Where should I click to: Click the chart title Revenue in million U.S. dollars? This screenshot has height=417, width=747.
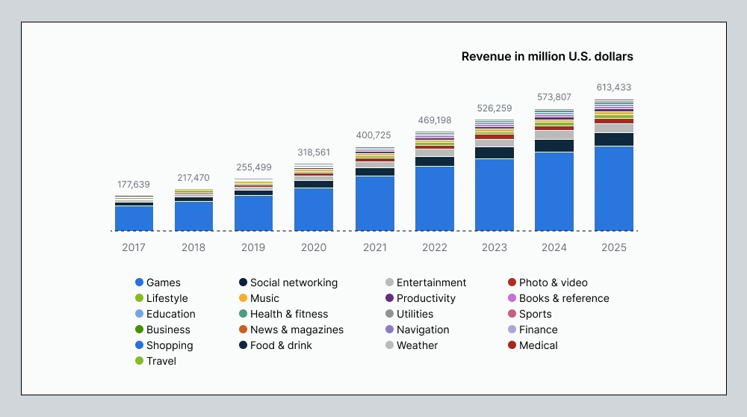coord(547,56)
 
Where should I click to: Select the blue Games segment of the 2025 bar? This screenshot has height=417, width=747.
coord(614,188)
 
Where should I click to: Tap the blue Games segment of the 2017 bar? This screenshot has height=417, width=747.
coord(134,218)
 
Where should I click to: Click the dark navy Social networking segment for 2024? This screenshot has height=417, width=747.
coord(554,146)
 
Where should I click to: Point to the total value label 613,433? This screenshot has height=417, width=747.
coord(614,87)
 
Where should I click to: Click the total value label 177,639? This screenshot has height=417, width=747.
coord(134,184)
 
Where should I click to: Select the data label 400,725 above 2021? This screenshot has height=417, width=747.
coord(374,135)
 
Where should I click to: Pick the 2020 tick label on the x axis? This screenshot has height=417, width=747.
coord(314,247)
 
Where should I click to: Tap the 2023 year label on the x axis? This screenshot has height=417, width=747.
coord(495,247)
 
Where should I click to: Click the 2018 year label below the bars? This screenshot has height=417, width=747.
coord(193,247)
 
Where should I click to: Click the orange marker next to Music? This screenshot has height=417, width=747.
coord(244,298)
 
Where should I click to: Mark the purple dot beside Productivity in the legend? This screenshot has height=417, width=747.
coord(389,298)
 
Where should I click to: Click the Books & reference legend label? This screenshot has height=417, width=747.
coord(564,298)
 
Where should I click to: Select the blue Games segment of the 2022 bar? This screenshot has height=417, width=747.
coord(435,198)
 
